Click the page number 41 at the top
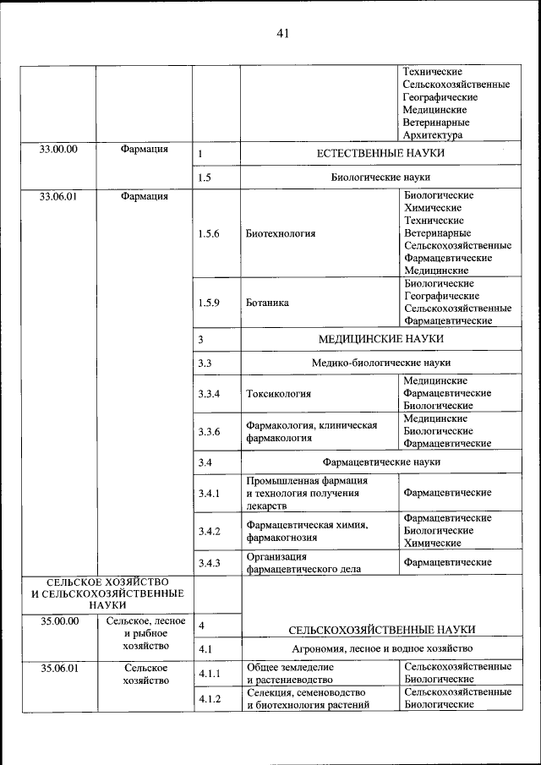click(282, 33)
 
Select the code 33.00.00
click(58, 150)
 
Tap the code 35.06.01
click(58, 668)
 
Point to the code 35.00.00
click(58, 621)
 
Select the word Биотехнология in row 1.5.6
click(281, 233)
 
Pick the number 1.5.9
click(209, 302)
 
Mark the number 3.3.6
click(209, 432)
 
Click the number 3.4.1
click(209, 493)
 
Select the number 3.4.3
click(209, 563)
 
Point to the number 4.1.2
click(209, 699)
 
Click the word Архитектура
click(433, 135)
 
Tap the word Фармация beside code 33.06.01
click(144, 197)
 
